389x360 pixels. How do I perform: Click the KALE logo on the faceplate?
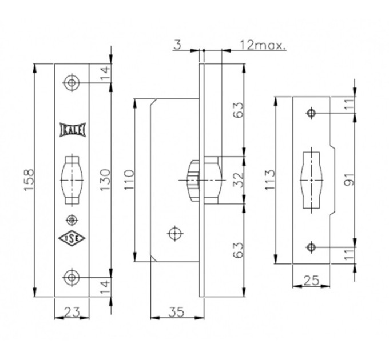(72, 130)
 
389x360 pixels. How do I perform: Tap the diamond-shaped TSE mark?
(72, 238)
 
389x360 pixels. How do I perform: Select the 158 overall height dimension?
(29, 180)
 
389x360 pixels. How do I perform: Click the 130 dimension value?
(105, 179)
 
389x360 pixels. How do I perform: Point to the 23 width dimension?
(72, 311)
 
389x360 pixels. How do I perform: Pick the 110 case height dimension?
(129, 180)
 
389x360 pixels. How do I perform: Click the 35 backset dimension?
(176, 312)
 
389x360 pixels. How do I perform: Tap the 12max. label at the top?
(263, 45)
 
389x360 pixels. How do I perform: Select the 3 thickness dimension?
(178, 45)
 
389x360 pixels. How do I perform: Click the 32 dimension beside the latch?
(239, 180)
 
